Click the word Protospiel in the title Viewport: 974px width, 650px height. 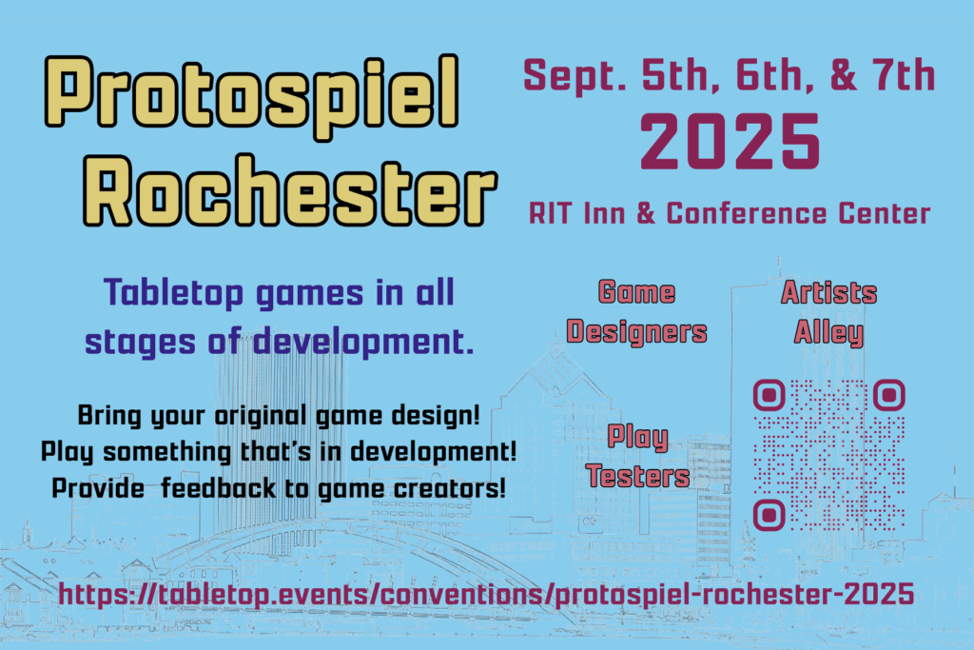pos(251,95)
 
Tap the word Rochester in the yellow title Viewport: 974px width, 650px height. pos(290,190)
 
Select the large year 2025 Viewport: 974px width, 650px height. pos(730,143)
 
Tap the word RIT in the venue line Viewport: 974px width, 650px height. pos(551,214)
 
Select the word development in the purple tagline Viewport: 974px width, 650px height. pos(363,343)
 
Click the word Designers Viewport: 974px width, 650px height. pos(636,332)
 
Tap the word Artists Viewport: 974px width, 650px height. pos(829,292)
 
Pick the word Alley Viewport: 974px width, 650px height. pos(828,333)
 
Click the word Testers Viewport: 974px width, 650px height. pos(638,477)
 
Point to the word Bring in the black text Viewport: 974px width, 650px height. pos(109,415)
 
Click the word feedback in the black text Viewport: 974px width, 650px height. pos(218,488)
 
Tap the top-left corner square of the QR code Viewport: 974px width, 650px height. pos(769,395)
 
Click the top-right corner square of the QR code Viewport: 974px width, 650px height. pos(889,395)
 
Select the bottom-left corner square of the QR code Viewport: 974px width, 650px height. pos(769,515)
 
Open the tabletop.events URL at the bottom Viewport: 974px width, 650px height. pos(486,594)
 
